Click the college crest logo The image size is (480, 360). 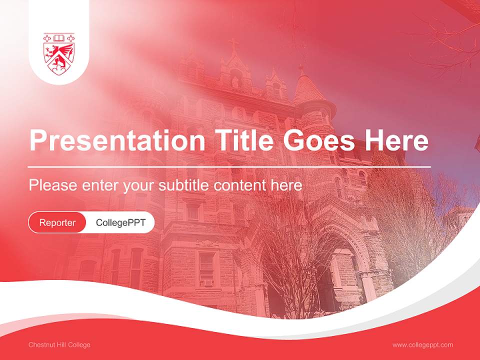[x=59, y=54]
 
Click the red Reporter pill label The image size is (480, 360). [x=57, y=222]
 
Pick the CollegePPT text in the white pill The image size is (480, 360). [x=120, y=222]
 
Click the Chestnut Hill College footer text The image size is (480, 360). [x=59, y=345]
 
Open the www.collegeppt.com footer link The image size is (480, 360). [x=422, y=345]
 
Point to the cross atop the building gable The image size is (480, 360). [x=233, y=45]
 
